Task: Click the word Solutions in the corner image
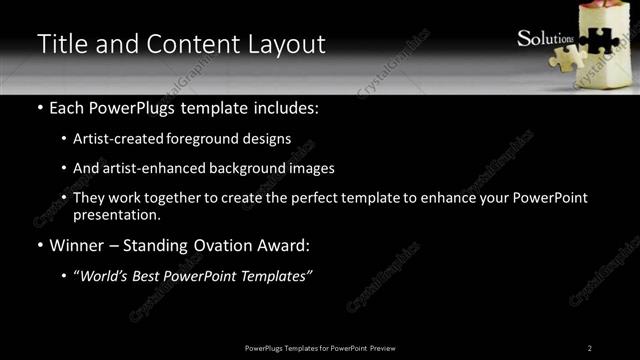pyautogui.click(x=545, y=39)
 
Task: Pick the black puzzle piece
pyautogui.click(x=599, y=39)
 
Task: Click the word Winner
pyautogui.click(x=75, y=245)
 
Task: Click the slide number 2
pyautogui.click(x=590, y=347)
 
